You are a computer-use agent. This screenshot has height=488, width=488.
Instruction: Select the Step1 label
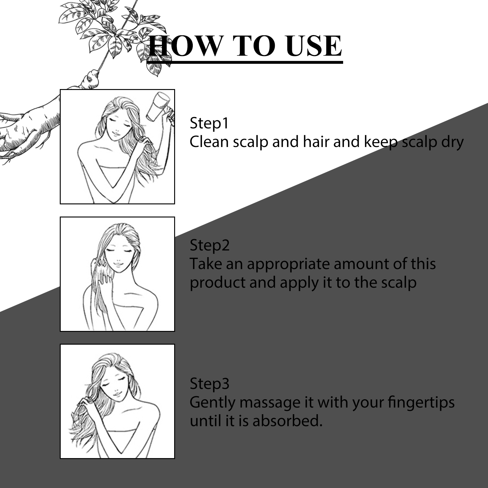pyautogui.click(x=209, y=123)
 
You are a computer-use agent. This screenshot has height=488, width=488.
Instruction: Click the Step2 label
pyautogui.click(x=210, y=245)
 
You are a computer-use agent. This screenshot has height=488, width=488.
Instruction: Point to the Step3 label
pyautogui.click(x=209, y=383)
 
